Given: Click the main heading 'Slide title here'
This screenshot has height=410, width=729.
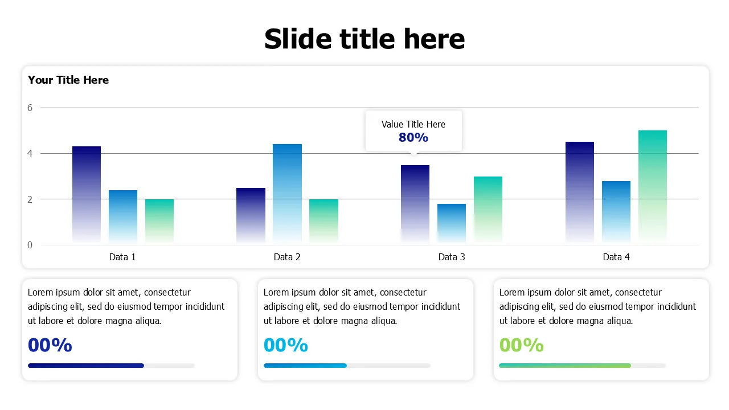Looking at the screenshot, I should tap(364, 39).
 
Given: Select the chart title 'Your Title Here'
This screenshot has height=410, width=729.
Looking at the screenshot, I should tap(68, 80).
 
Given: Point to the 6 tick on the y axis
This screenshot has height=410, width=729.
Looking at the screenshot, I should tap(30, 108).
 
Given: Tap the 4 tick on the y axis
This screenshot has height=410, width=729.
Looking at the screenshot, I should tap(30, 153).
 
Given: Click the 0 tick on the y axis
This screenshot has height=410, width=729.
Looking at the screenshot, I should tap(30, 245).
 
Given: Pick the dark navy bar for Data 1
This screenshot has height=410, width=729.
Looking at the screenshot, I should tap(87, 194).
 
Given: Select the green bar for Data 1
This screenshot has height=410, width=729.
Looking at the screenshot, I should tap(159, 221).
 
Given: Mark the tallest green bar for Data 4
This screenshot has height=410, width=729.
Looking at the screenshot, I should tap(652, 186).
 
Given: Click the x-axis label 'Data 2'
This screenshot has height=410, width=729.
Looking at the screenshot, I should tap(287, 257).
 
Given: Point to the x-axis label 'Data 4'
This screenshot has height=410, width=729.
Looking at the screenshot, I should tap(616, 257).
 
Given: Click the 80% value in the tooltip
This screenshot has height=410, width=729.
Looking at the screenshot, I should tap(413, 137).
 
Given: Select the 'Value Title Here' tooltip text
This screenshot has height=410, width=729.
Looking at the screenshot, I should tap(413, 124).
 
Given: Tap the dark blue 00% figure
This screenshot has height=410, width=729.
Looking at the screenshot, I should tap(50, 345).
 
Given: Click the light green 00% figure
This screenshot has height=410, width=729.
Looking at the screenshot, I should tap(521, 345).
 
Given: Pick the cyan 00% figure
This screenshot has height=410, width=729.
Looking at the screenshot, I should tap(286, 345).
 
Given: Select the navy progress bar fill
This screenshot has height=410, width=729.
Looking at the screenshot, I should tap(85, 366).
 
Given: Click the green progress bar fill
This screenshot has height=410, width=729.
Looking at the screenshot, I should tap(564, 366).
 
